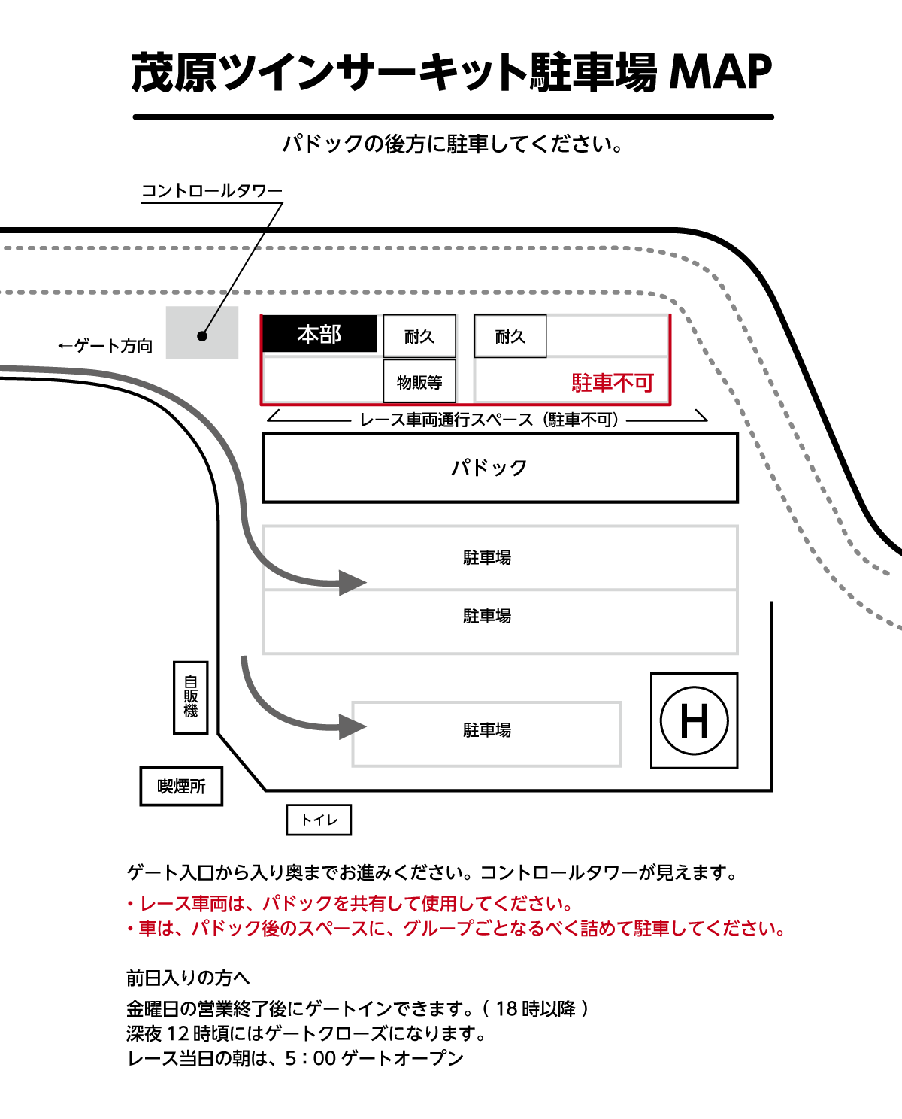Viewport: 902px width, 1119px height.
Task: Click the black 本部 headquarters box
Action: [x=319, y=334]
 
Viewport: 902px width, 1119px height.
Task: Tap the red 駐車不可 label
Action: [x=613, y=383]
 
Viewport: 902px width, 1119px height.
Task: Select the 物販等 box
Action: [x=419, y=382]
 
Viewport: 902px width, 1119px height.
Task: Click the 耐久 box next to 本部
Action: [x=419, y=336]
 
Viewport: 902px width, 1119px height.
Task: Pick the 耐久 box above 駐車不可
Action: [x=510, y=336]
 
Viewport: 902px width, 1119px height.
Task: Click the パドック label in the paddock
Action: [x=489, y=468]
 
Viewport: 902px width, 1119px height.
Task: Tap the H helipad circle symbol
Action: [x=694, y=720]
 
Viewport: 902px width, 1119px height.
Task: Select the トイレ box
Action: [x=319, y=820]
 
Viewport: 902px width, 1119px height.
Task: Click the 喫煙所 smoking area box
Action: [x=181, y=787]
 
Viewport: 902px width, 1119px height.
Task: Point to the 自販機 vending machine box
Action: [x=191, y=697]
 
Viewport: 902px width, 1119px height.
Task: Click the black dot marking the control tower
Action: [x=201, y=336]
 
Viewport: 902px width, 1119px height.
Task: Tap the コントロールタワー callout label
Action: [x=212, y=191]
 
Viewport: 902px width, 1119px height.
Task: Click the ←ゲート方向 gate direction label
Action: [x=105, y=346]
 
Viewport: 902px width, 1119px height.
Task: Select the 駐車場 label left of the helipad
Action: [x=487, y=730]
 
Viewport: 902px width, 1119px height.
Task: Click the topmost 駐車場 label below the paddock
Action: [x=487, y=557]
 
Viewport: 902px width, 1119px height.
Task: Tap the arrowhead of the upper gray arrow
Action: [x=352, y=582]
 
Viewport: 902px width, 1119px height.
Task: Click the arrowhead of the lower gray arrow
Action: [x=352, y=726]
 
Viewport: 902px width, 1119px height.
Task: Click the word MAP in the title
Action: [x=720, y=73]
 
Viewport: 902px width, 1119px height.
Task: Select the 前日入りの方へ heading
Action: [x=188, y=978]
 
